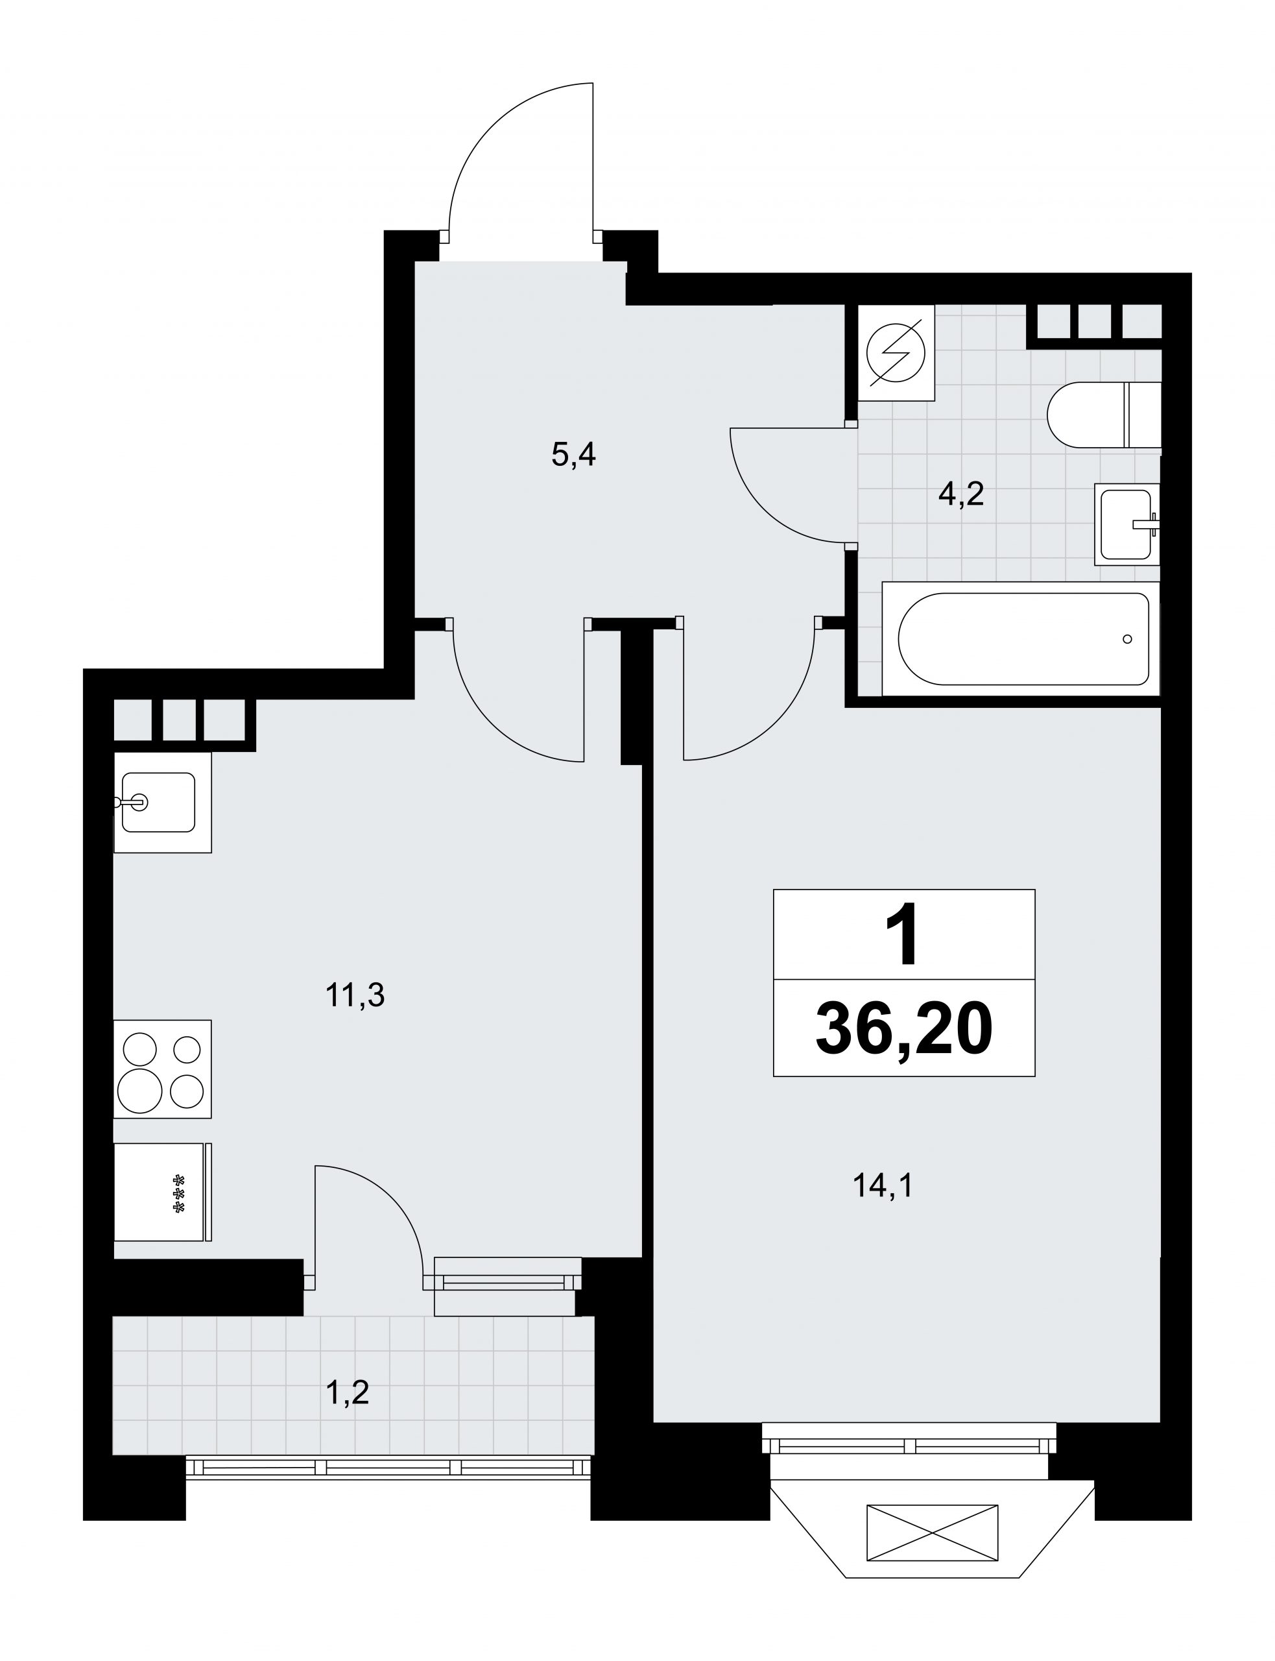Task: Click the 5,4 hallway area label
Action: pyautogui.click(x=574, y=456)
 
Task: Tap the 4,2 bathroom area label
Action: pyautogui.click(x=961, y=494)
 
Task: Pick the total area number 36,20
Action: pyautogui.click(x=904, y=1028)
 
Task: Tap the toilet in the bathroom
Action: pyautogui.click(x=1104, y=415)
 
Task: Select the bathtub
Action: pyautogui.click(x=1022, y=638)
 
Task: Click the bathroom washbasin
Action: pyautogui.click(x=1128, y=524)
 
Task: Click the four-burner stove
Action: pyautogui.click(x=162, y=1069)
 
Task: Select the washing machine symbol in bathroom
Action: pyautogui.click(x=896, y=353)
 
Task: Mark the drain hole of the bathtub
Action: pyautogui.click(x=1127, y=639)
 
